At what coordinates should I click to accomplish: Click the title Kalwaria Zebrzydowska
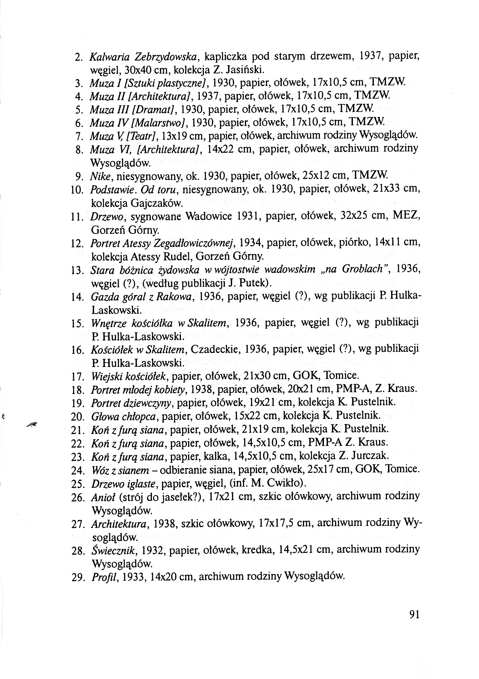(x=143, y=56)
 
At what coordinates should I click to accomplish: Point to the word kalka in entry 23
(x=216, y=456)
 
